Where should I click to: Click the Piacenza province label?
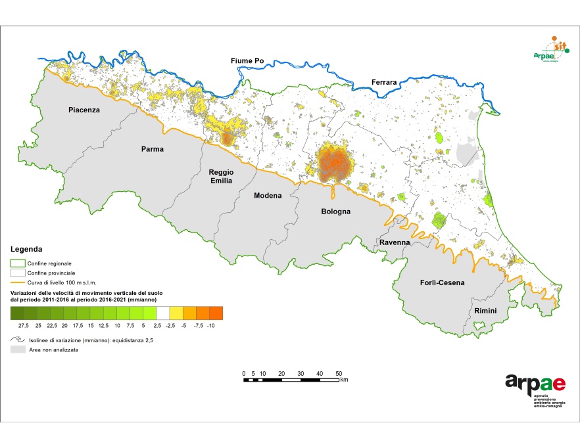(84, 110)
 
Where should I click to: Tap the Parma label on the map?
(153, 149)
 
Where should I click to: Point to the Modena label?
(268, 196)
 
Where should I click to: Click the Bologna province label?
(335, 212)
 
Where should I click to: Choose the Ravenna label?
(395, 242)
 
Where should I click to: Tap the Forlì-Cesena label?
(442, 283)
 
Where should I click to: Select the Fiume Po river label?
(247, 61)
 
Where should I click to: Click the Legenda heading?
(27, 250)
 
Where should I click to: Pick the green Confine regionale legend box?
(17, 263)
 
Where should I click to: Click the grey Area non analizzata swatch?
(17, 351)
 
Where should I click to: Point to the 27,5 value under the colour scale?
(24, 325)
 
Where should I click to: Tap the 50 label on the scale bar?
(339, 373)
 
